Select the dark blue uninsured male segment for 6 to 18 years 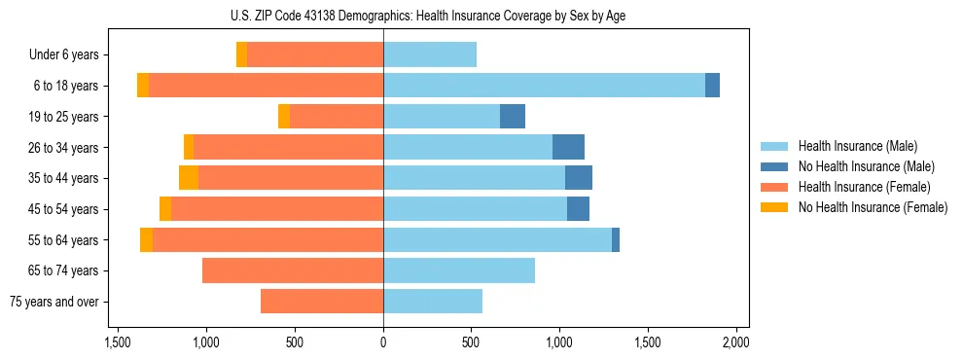712,86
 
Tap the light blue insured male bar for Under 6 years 430,54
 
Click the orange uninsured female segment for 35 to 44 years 189,178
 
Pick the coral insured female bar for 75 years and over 322,302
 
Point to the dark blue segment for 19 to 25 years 513,117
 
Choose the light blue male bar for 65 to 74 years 459,270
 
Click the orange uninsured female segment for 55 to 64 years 146,240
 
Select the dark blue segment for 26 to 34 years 568,148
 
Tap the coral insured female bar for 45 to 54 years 277,209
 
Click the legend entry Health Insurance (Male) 857,146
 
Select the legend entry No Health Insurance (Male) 866,166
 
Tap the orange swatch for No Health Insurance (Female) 774,207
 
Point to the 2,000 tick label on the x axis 736,342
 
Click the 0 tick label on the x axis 383,342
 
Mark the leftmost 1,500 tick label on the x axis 118,342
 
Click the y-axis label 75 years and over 53,302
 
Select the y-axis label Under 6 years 64,54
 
